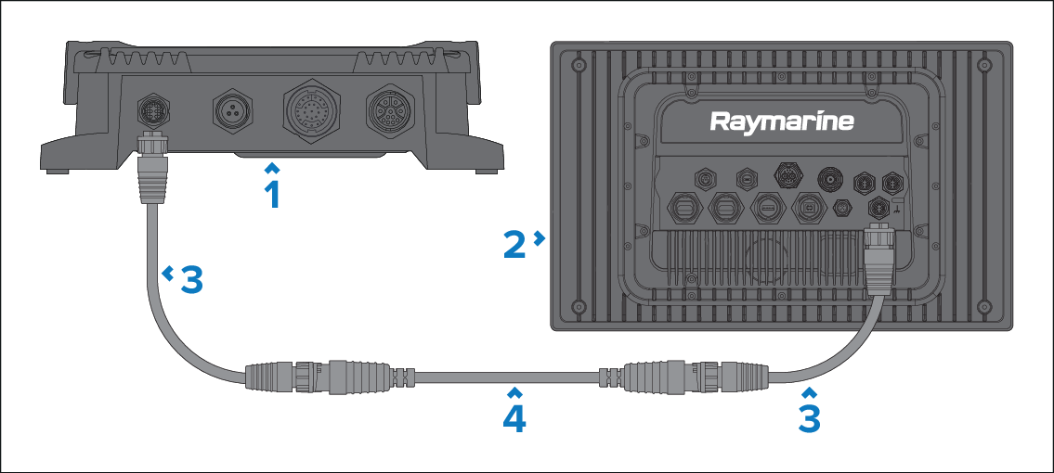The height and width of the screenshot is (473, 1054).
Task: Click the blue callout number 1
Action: [x=271, y=195]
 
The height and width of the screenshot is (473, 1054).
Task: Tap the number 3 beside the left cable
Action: [x=190, y=279]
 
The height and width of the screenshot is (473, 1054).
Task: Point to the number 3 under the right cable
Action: [x=810, y=417]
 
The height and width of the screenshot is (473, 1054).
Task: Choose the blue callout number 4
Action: [x=514, y=417]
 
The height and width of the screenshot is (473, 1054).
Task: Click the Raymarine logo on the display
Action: [x=782, y=121]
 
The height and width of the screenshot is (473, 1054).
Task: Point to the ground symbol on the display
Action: [x=898, y=207]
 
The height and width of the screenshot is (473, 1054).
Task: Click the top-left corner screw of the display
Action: [x=578, y=67]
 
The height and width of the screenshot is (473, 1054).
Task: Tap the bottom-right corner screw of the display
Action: [x=985, y=304]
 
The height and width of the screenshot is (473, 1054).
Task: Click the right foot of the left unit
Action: [x=484, y=171]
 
